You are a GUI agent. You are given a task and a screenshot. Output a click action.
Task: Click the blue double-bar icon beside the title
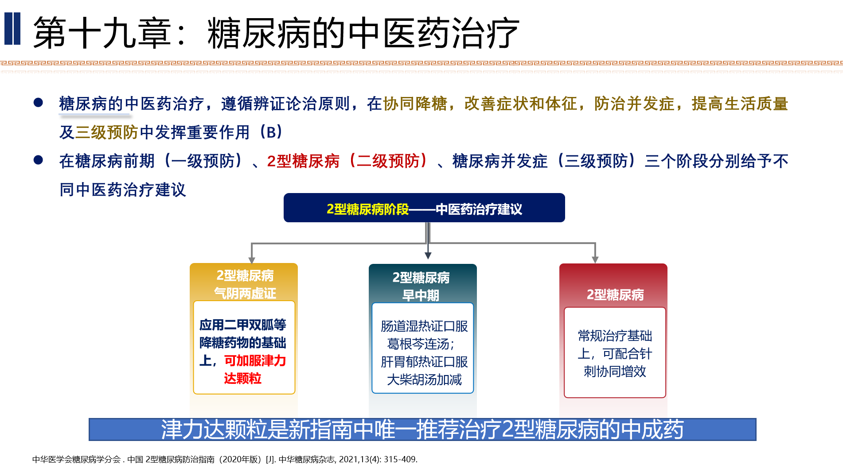tap(12, 29)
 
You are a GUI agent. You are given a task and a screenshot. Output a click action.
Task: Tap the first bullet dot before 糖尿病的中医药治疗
tap(38, 103)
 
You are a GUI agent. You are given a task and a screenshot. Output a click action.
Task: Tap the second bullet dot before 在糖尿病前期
tap(38, 160)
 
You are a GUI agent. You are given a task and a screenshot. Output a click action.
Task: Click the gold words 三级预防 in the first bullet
tap(107, 132)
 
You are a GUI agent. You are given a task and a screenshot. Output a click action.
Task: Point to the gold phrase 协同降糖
tap(415, 104)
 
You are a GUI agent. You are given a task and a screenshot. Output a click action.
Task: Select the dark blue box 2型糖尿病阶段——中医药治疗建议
tap(424, 208)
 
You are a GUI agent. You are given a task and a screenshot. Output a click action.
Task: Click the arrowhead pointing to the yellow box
tap(252, 260)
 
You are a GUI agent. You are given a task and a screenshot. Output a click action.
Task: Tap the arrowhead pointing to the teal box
tap(428, 255)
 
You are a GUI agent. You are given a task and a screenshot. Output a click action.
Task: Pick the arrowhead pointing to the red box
tap(595, 259)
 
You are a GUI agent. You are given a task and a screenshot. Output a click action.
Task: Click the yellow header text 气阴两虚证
tap(245, 293)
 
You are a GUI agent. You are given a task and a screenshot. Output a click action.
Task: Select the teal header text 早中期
tap(421, 295)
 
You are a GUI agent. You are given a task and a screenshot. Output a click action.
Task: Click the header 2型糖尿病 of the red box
tap(615, 295)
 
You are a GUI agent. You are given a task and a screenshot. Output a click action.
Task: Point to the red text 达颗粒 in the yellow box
tap(242, 379)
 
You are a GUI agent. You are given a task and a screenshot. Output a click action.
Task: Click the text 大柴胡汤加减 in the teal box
tap(424, 379)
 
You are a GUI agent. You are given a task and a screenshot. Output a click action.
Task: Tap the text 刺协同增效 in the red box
tap(615, 371)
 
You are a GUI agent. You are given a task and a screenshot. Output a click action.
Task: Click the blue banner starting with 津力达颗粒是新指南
tap(422, 429)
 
